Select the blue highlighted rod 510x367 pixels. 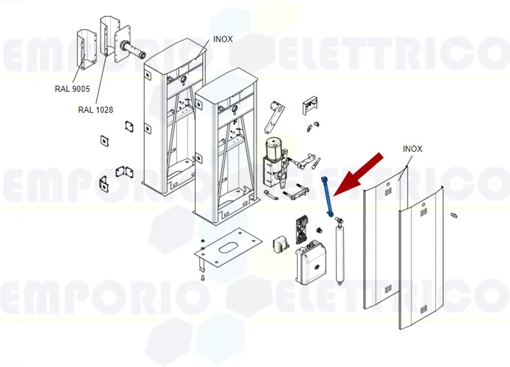point(326,196)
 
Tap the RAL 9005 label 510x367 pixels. point(72,89)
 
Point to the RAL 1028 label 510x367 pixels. point(96,110)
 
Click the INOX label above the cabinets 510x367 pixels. point(223,39)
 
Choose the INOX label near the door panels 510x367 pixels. point(412,149)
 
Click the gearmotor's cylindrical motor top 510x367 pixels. point(275,147)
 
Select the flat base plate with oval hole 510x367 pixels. point(229,247)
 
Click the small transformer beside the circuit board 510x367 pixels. point(281,244)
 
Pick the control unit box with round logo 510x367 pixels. point(311,263)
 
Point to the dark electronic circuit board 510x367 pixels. point(302,230)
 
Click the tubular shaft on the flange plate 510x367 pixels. point(133,50)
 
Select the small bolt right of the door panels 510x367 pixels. point(454,214)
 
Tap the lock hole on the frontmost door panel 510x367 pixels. point(423,205)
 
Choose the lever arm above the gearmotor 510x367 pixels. point(274,117)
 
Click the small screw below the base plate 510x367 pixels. point(203,277)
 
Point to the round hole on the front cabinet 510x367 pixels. point(234,109)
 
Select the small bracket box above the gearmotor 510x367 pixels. point(310,105)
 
